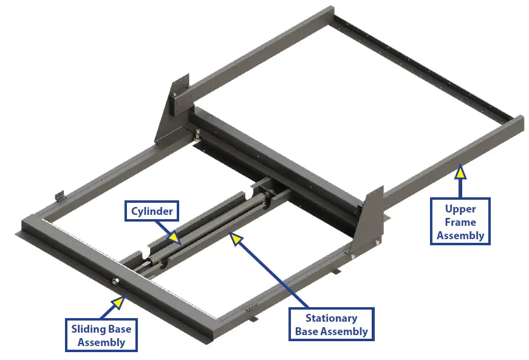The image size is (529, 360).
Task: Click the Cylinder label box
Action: coord(152,212)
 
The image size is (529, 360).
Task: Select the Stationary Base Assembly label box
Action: coord(331,324)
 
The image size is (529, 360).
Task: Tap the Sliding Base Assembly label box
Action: coord(101,335)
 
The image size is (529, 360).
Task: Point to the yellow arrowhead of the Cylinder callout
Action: coord(173,237)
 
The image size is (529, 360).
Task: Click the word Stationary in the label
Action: coord(331,318)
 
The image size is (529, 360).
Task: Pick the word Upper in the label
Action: coord(460,209)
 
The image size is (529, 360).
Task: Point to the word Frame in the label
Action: coord(460,222)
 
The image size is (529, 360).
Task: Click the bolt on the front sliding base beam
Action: coord(115,280)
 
